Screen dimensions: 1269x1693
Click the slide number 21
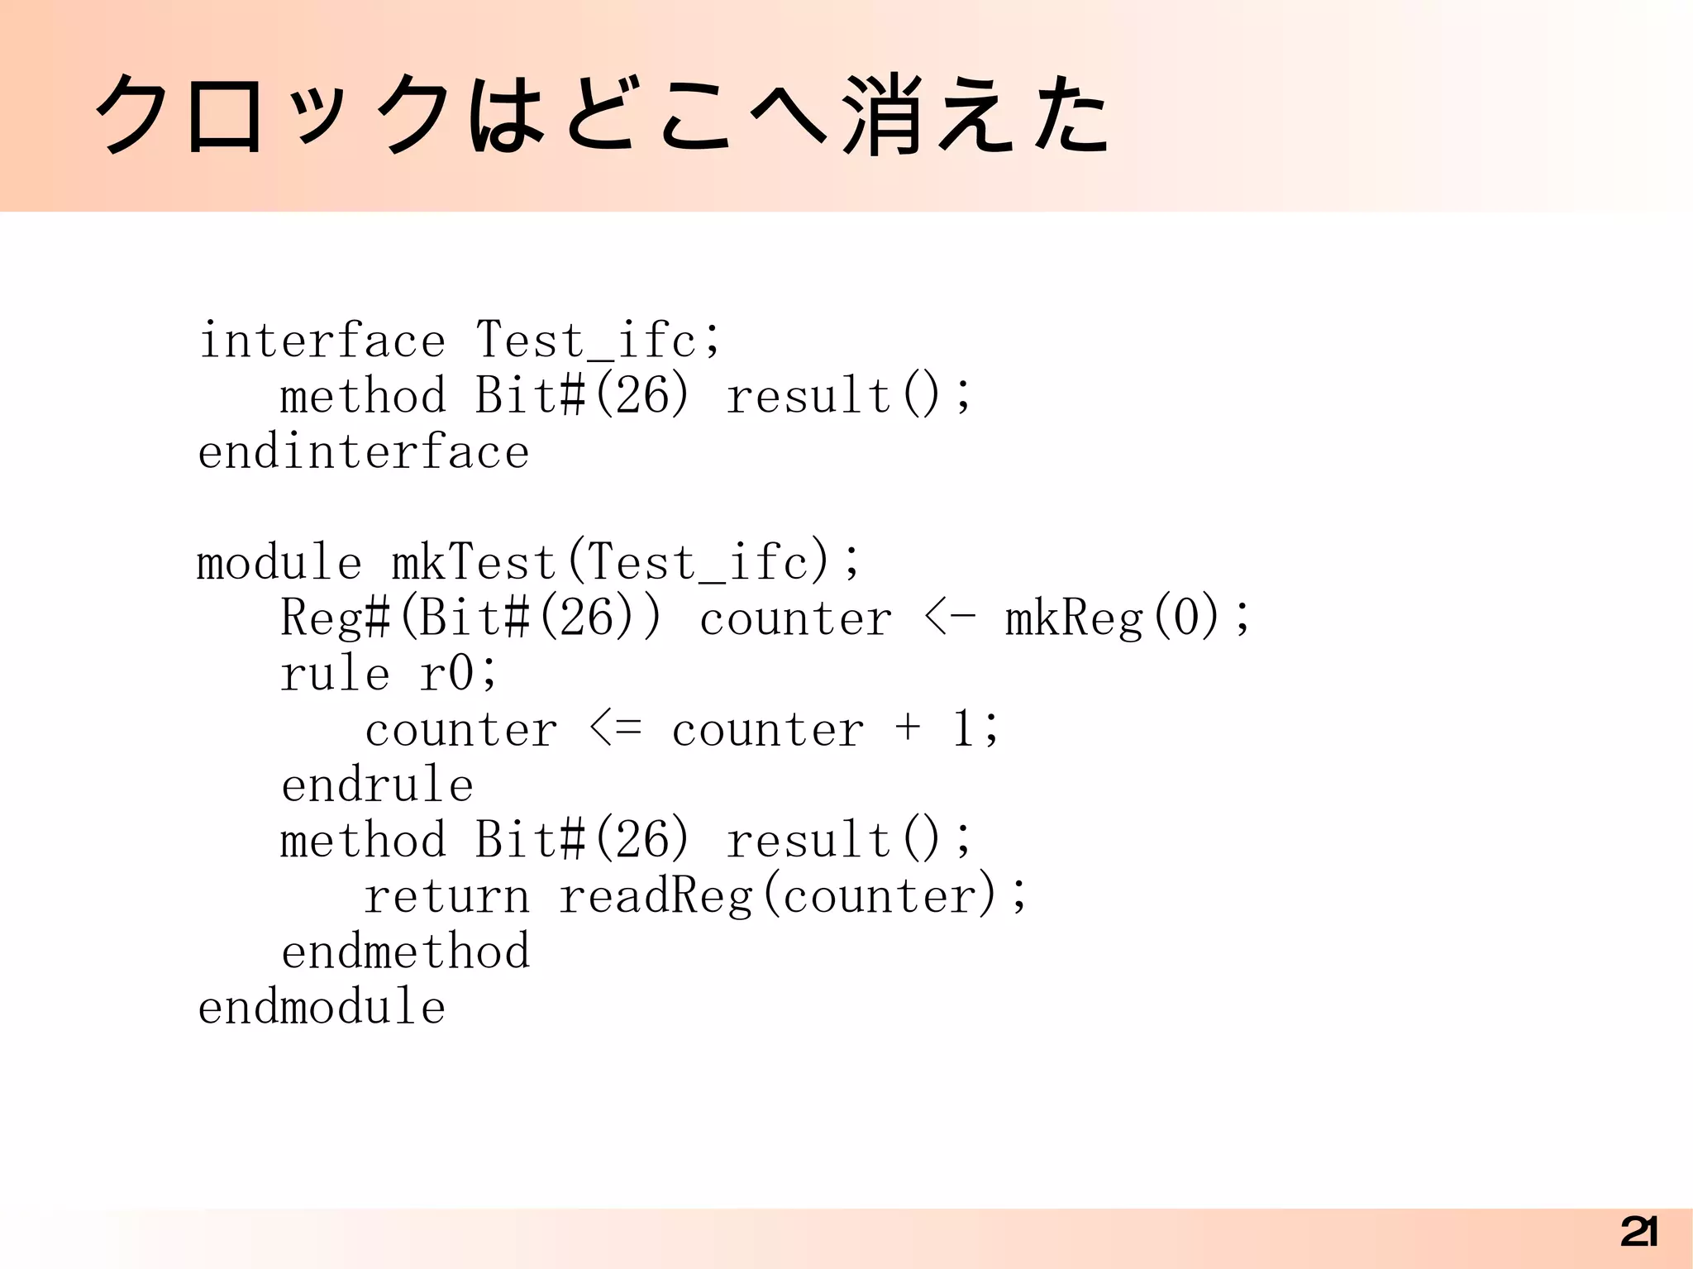pyautogui.click(x=1638, y=1233)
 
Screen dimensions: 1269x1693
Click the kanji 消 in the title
pyautogui.click(x=882, y=116)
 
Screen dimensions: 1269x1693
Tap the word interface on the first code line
pyautogui.click(x=322, y=340)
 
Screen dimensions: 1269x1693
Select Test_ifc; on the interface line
pyautogui.click(x=599, y=340)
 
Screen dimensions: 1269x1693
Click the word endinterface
pyautogui.click(x=363, y=451)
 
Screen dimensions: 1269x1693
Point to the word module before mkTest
pyautogui.click(x=279, y=562)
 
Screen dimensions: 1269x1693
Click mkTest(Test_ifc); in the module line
pyautogui.click(x=626, y=562)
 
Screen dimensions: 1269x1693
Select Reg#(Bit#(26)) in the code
pyautogui.click(x=471, y=618)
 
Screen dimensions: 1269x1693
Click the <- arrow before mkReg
pyautogui.click(x=950, y=618)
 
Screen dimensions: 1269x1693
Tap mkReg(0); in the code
pyautogui.click(x=1128, y=618)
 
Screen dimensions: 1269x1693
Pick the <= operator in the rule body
pyautogui.click(x=616, y=729)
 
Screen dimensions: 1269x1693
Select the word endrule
pyautogui.click(x=377, y=785)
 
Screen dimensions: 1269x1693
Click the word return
pyautogui.click(x=446, y=896)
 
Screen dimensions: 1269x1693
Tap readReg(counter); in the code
pyautogui.click(x=793, y=896)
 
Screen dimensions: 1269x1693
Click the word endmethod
pyautogui.click(x=405, y=952)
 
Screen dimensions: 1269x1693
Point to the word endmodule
pyautogui.click(x=322, y=1007)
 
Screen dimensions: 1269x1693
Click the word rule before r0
pyautogui.click(x=335, y=673)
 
